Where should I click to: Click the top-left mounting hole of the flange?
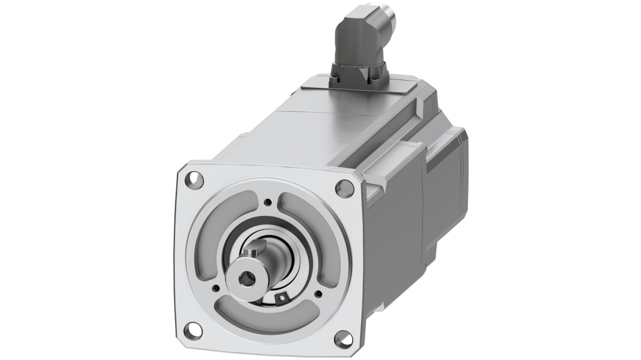[x=195, y=180]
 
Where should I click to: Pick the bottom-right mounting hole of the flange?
[x=344, y=339]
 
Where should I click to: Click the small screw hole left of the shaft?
[x=216, y=287]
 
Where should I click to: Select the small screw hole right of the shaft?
[x=318, y=294]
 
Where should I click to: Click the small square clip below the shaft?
[x=283, y=297]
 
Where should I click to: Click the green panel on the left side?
[x=86, y=180]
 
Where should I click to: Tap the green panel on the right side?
[x=555, y=180]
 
